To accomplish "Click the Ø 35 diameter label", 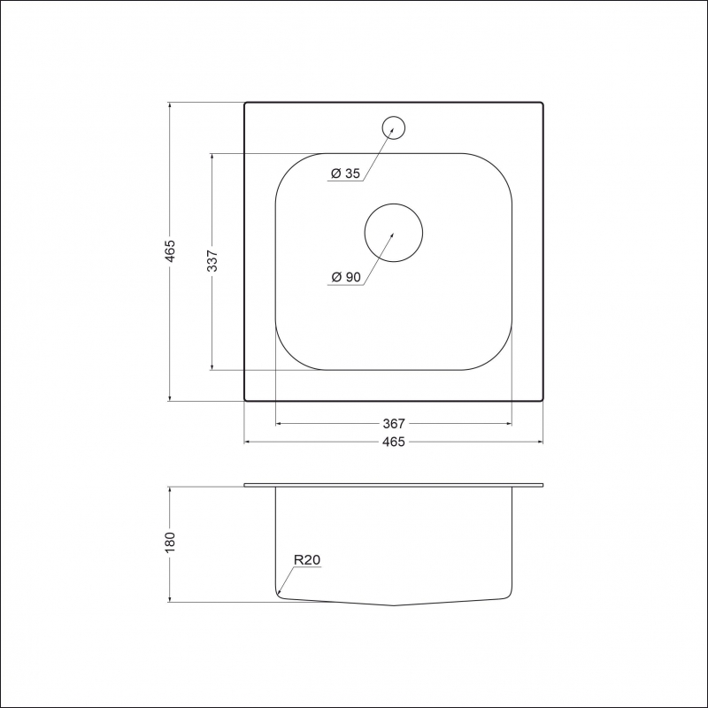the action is pos(346,173).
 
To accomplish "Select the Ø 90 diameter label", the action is pos(346,277).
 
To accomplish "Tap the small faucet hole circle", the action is pos(393,117).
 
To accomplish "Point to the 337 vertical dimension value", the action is pos(212,261).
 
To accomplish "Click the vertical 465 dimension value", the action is pos(170,251).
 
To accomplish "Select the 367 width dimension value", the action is pos(394,424).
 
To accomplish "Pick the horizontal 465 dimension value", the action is pos(394,442).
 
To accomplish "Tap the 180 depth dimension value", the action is pos(170,543).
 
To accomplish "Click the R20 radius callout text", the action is pos(307,560).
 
